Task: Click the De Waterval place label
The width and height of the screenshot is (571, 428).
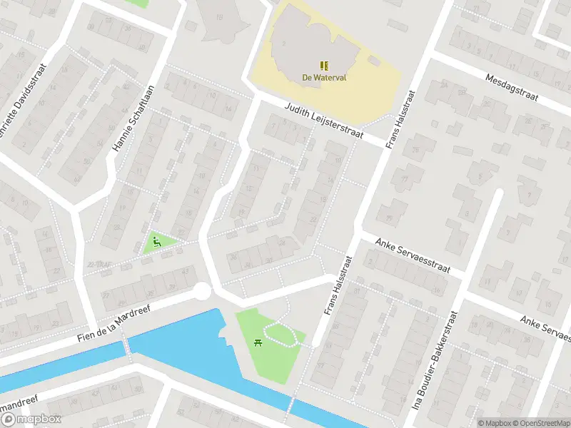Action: tap(323, 78)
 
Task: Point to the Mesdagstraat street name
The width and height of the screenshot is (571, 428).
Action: tap(512, 87)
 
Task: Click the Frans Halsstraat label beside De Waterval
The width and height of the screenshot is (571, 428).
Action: tap(400, 119)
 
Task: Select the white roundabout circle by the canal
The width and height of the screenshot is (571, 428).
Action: tap(203, 291)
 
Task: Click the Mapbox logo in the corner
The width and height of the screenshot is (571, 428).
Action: tap(31, 419)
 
